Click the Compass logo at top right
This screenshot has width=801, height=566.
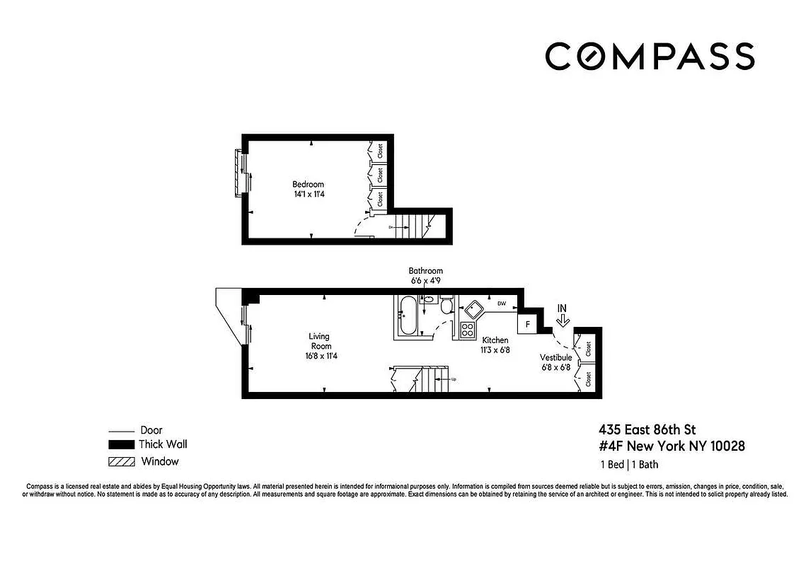649,57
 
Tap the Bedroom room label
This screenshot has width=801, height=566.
308,185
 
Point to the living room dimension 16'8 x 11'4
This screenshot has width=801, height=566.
320,356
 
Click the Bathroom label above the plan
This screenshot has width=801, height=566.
425,271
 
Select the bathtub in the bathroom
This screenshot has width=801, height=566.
407,316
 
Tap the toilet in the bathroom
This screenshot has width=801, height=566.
446,306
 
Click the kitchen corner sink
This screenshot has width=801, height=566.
471,308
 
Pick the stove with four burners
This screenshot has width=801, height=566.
468,329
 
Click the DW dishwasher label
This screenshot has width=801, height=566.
502,304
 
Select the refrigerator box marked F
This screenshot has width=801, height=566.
526,325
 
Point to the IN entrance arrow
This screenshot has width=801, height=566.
563,316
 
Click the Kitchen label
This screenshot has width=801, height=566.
495,340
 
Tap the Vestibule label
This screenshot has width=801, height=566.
555,357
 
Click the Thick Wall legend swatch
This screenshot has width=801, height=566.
121,445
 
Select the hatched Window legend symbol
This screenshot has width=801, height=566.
121,462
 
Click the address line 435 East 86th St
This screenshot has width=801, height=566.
647,429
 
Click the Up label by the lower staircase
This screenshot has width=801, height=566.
454,379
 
